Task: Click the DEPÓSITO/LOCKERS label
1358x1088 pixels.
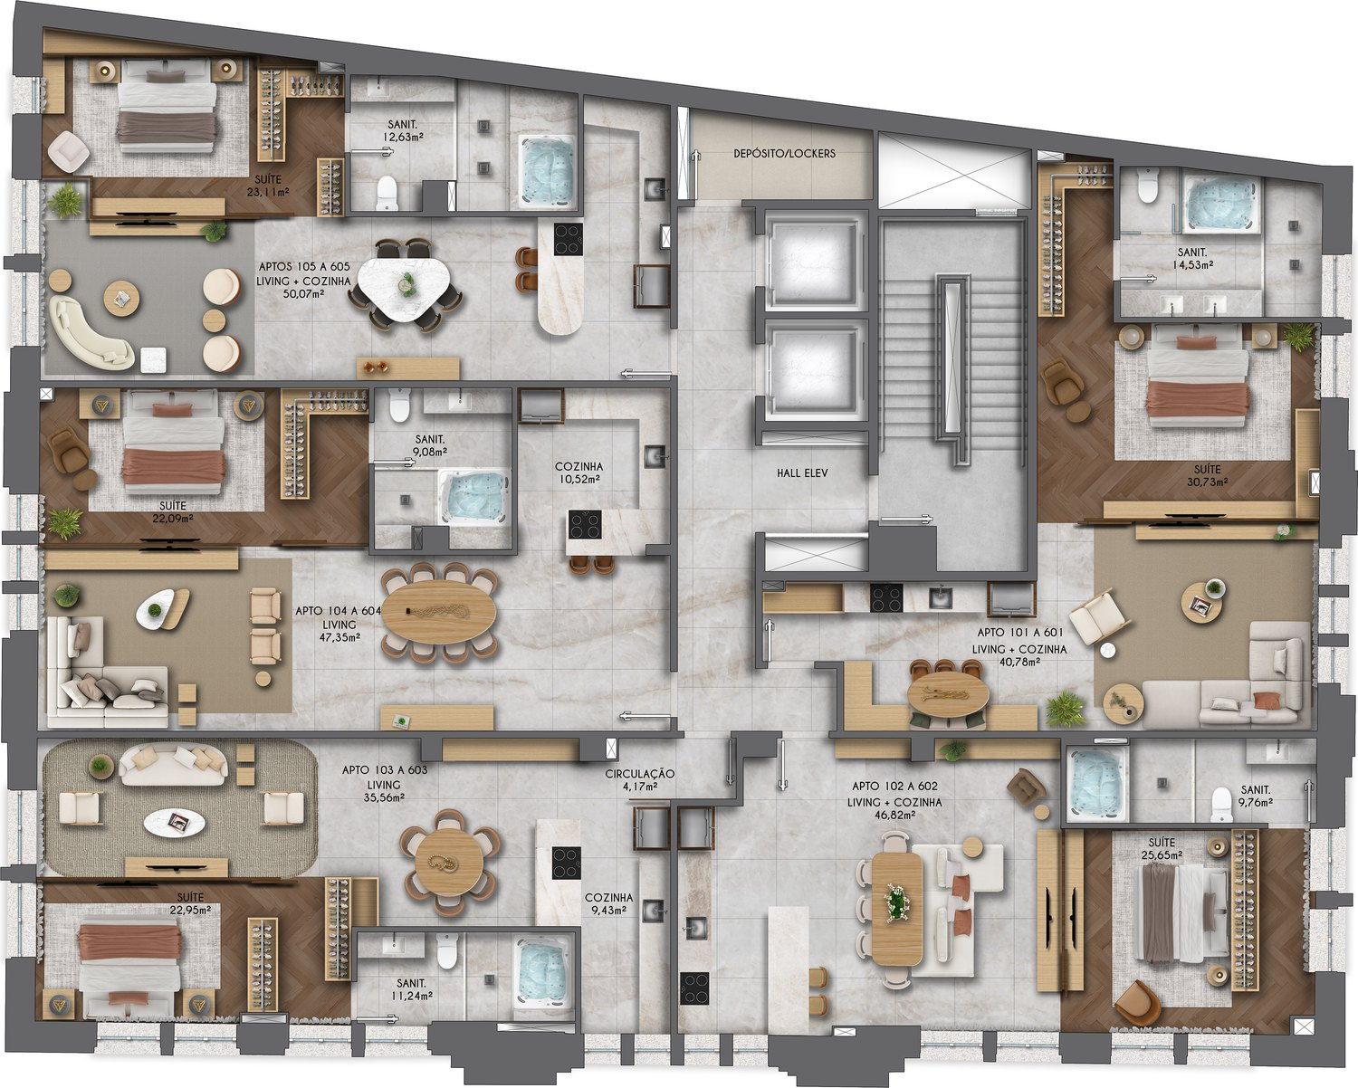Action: [784, 153]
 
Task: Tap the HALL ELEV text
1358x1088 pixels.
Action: [802, 472]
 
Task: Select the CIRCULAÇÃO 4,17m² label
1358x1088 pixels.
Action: [640, 780]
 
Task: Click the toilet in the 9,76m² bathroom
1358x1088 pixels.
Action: [1221, 805]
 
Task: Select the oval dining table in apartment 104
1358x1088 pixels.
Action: [439, 612]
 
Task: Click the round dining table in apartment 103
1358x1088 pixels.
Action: [449, 864]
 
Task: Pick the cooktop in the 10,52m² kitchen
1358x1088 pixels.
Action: [584, 524]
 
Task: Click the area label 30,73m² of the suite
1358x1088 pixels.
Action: [1207, 482]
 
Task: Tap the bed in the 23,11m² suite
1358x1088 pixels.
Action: [168, 106]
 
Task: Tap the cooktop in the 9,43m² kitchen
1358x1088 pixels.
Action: [567, 863]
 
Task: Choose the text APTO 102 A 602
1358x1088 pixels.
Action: [894, 787]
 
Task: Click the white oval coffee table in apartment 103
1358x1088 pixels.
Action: [174, 823]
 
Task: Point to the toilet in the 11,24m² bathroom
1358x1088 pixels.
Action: [446, 951]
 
